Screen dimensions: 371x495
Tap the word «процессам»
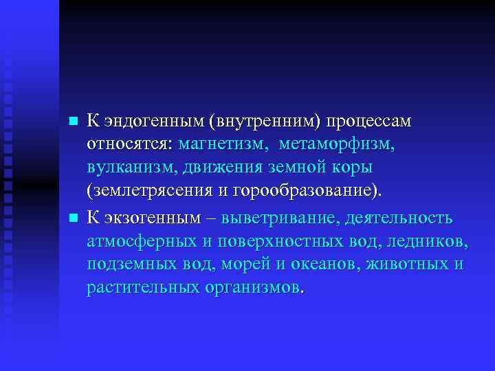coord(368,122)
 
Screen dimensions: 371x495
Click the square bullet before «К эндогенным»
coord(74,122)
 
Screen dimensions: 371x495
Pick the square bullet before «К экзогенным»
coord(74,218)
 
